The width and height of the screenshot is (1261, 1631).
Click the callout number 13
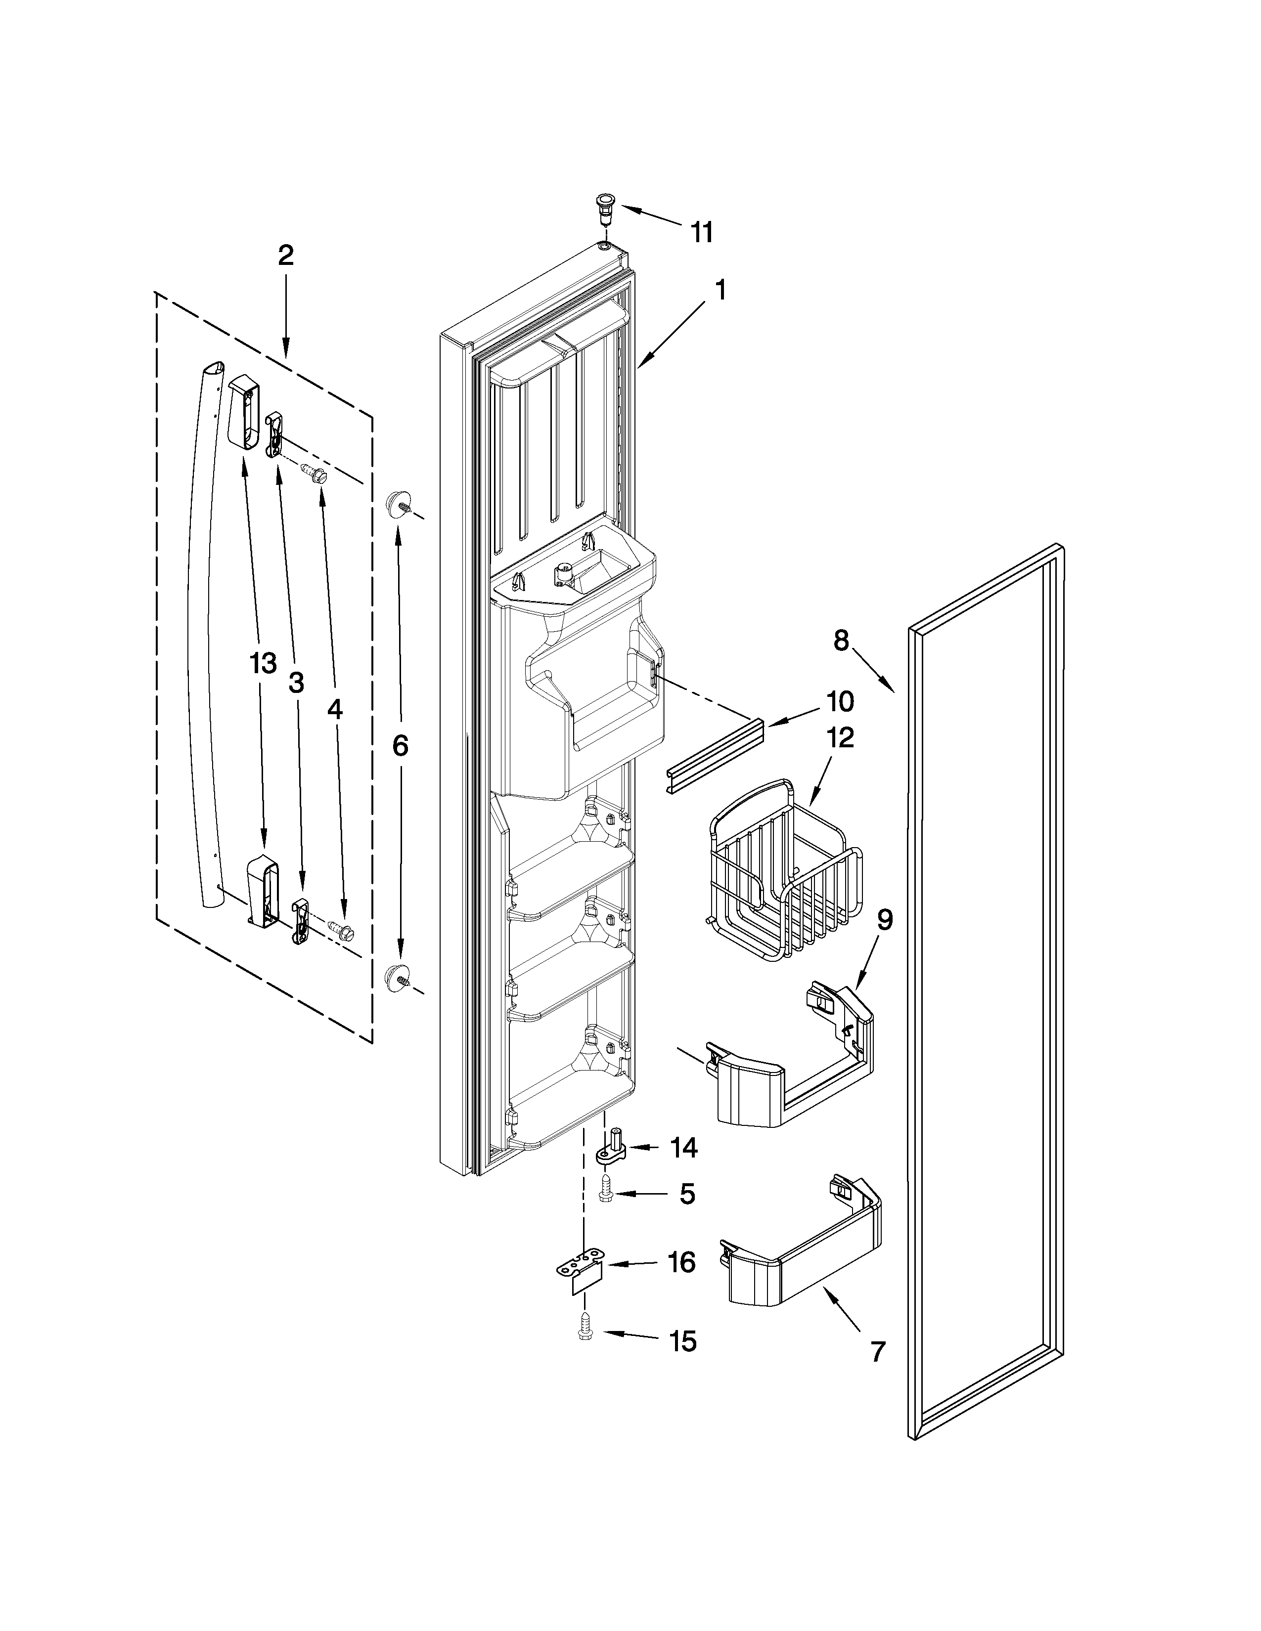[x=263, y=663]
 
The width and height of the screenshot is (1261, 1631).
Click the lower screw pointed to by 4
[x=344, y=931]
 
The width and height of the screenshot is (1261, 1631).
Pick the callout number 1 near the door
[x=720, y=290]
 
